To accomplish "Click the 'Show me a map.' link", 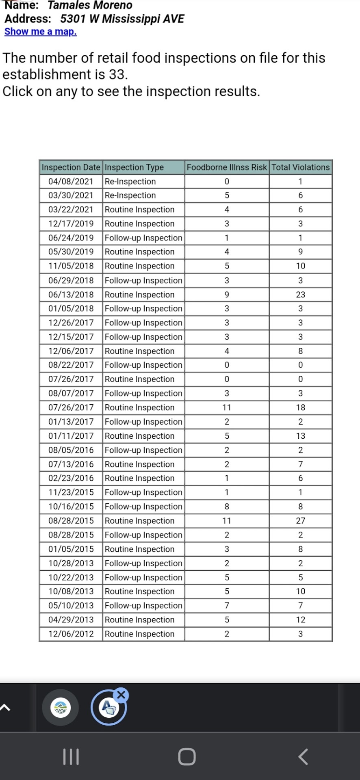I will pos(40,32).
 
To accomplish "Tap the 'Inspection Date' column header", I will pos(71,167).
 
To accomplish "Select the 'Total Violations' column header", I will pos(300,167).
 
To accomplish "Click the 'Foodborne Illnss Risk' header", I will pos(227,167).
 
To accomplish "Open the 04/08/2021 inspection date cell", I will pos(71,182).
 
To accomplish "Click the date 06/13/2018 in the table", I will pos(71,295).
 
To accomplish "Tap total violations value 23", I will pos(300,295).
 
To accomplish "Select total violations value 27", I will pos(300,521).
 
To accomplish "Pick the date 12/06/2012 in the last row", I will pos(71,634).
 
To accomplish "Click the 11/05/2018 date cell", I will pos(71,266).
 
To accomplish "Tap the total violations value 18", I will pos(300,407).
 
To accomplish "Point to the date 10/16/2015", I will pos(71,507).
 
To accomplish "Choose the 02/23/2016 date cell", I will pos(71,478).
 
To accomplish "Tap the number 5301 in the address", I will pos(73,19).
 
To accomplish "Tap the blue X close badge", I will pos(121,695).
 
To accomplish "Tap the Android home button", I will pos(187,756).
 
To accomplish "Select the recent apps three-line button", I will pos(71,756).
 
